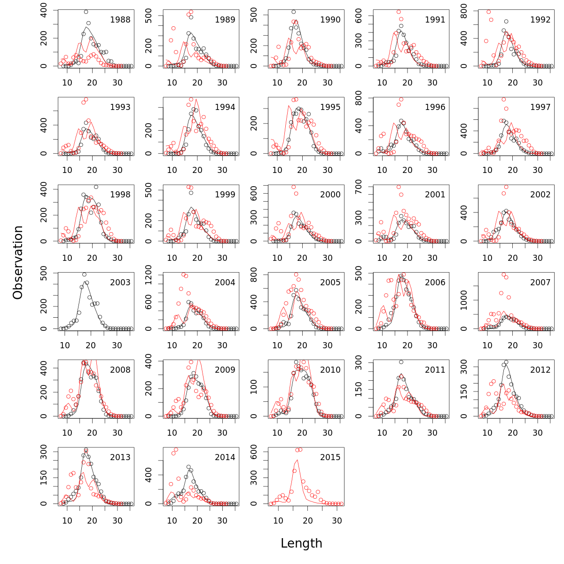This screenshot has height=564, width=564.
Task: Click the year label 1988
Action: click(120, 20)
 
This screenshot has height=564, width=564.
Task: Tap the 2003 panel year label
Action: click(120, 282)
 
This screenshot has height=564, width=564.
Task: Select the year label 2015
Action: click(330, 457)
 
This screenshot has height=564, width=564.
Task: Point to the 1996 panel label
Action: click(435, 107)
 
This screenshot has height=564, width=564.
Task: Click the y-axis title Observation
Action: click(18, 262)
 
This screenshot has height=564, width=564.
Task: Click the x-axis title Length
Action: click(301, 543)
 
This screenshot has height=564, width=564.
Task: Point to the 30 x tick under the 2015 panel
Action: click(337, 520)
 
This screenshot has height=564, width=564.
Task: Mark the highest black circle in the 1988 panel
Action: click(86, 12)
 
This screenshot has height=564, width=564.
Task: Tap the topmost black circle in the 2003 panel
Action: click(84, 274)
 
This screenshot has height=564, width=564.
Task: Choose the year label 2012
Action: click(540, 370)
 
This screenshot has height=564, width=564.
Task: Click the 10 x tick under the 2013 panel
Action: click(67, 520)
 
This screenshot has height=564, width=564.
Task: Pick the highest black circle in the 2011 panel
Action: click(401, 362)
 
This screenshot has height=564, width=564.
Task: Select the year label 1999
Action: click(225, 195)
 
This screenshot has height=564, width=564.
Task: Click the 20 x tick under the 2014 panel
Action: click(197, 520)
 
